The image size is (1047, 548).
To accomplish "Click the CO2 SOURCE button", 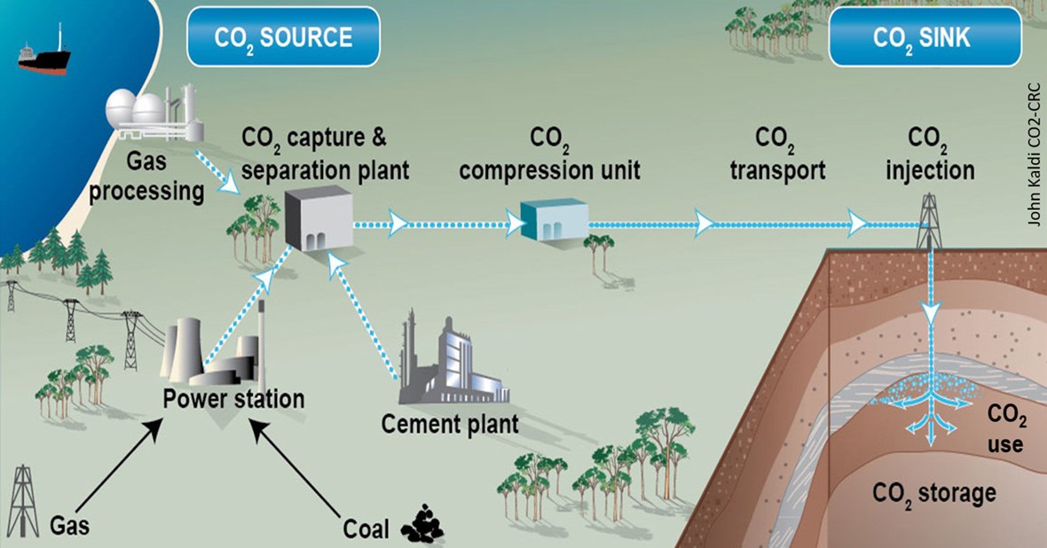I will [283, 37].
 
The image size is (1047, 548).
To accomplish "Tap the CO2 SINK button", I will [921, 37].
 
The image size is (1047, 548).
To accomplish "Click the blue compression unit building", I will [553, 218].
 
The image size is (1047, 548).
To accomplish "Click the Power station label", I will [233, 398].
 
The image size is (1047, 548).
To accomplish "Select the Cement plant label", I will [450, 423].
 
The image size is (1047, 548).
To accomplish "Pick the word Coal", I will [366, 529].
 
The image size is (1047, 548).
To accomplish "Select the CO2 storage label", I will [934, 492].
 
